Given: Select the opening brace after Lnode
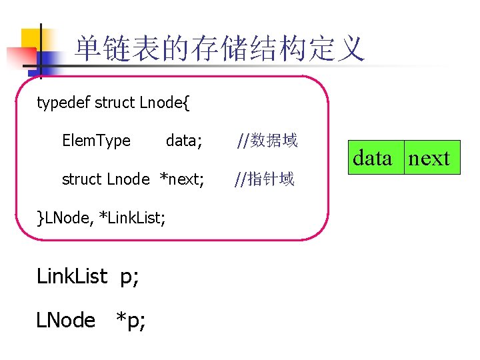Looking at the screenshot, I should (x=186, y=103).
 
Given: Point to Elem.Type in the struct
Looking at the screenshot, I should (x=96, y=141).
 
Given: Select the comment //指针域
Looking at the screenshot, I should (x=263, y=179).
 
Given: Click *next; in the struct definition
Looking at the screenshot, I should (x=181, y=179).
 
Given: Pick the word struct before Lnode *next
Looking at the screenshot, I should (x=81, y=179).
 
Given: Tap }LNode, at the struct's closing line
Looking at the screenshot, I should (x=65, y=217).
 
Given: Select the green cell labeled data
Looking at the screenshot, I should (x=373, y=158).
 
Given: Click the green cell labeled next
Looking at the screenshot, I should (x=430, y=158).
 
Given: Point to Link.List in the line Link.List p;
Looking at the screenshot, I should (x=71, y=276).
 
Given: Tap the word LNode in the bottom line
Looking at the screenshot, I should (x=65, y=321).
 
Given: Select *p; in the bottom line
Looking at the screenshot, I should (x=131, y=321).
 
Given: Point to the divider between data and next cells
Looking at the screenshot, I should (x=404, y=158).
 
